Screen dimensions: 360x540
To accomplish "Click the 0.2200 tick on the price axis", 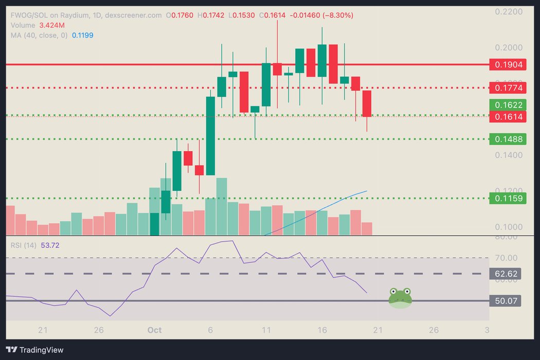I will click(x=508, y=11).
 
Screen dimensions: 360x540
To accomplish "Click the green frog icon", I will click(x=400, y=298).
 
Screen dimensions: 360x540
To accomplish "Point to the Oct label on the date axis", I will click(x=155, y=330).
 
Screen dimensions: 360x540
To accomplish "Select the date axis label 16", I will click(x=322, y=330).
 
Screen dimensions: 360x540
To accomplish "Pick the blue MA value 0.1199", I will click(x=82, y=35).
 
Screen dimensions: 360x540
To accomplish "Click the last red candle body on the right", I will click(x=367, y=103).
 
